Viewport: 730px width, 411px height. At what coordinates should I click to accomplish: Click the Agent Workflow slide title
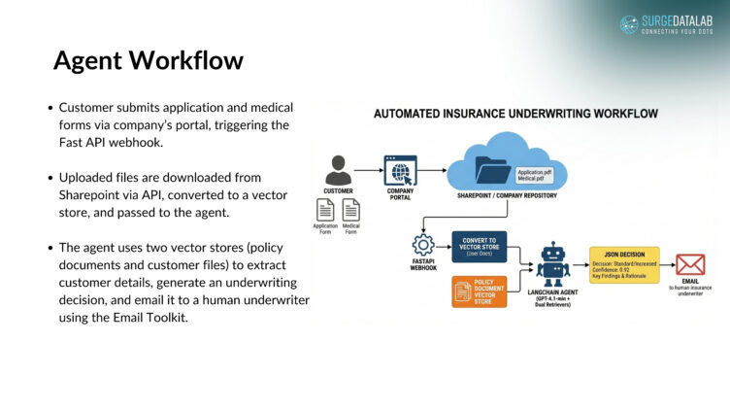tap(148, 61)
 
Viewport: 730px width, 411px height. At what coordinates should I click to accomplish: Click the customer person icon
tap(339, 170)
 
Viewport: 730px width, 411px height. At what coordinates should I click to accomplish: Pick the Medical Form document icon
tap(350, 209)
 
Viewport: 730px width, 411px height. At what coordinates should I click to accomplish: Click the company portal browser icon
tap(401, 171)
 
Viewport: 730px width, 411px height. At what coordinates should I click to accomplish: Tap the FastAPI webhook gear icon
tap(423, 245)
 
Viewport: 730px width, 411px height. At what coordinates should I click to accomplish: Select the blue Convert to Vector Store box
tap(480, 247)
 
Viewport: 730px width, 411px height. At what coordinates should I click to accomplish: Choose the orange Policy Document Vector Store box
tap(480, 291)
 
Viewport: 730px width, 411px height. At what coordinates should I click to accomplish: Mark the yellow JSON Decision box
tap(624, 264)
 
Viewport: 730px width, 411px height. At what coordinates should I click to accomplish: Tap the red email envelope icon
tap(690, 264)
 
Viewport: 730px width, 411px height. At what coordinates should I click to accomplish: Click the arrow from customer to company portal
tap(369, 171)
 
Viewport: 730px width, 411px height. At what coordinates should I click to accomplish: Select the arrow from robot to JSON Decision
tap(579, 264)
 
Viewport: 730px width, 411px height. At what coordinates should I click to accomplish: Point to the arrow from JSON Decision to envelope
tap(666, 264)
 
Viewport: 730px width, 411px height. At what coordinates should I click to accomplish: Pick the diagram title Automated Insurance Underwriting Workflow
tap(515, 114)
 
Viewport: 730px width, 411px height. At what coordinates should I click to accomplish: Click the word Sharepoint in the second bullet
tap(88, 194)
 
